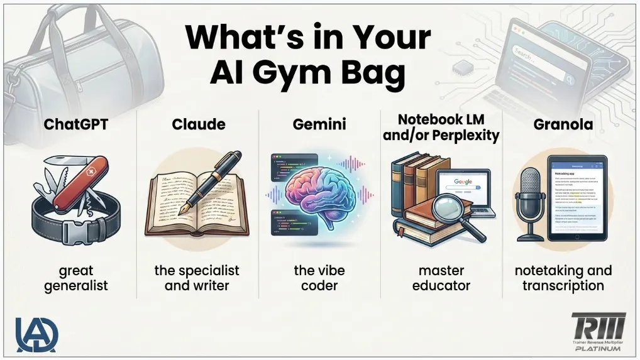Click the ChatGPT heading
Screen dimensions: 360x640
click(76, 124)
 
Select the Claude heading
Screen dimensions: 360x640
click(198, 124)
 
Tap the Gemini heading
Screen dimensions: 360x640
click(319, 124)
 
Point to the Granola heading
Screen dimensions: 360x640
click(563, 124)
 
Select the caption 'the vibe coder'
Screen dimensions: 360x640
click(320, 278)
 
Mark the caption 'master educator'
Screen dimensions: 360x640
click(441, 278)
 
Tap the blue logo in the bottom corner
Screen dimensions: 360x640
click(36, 335)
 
